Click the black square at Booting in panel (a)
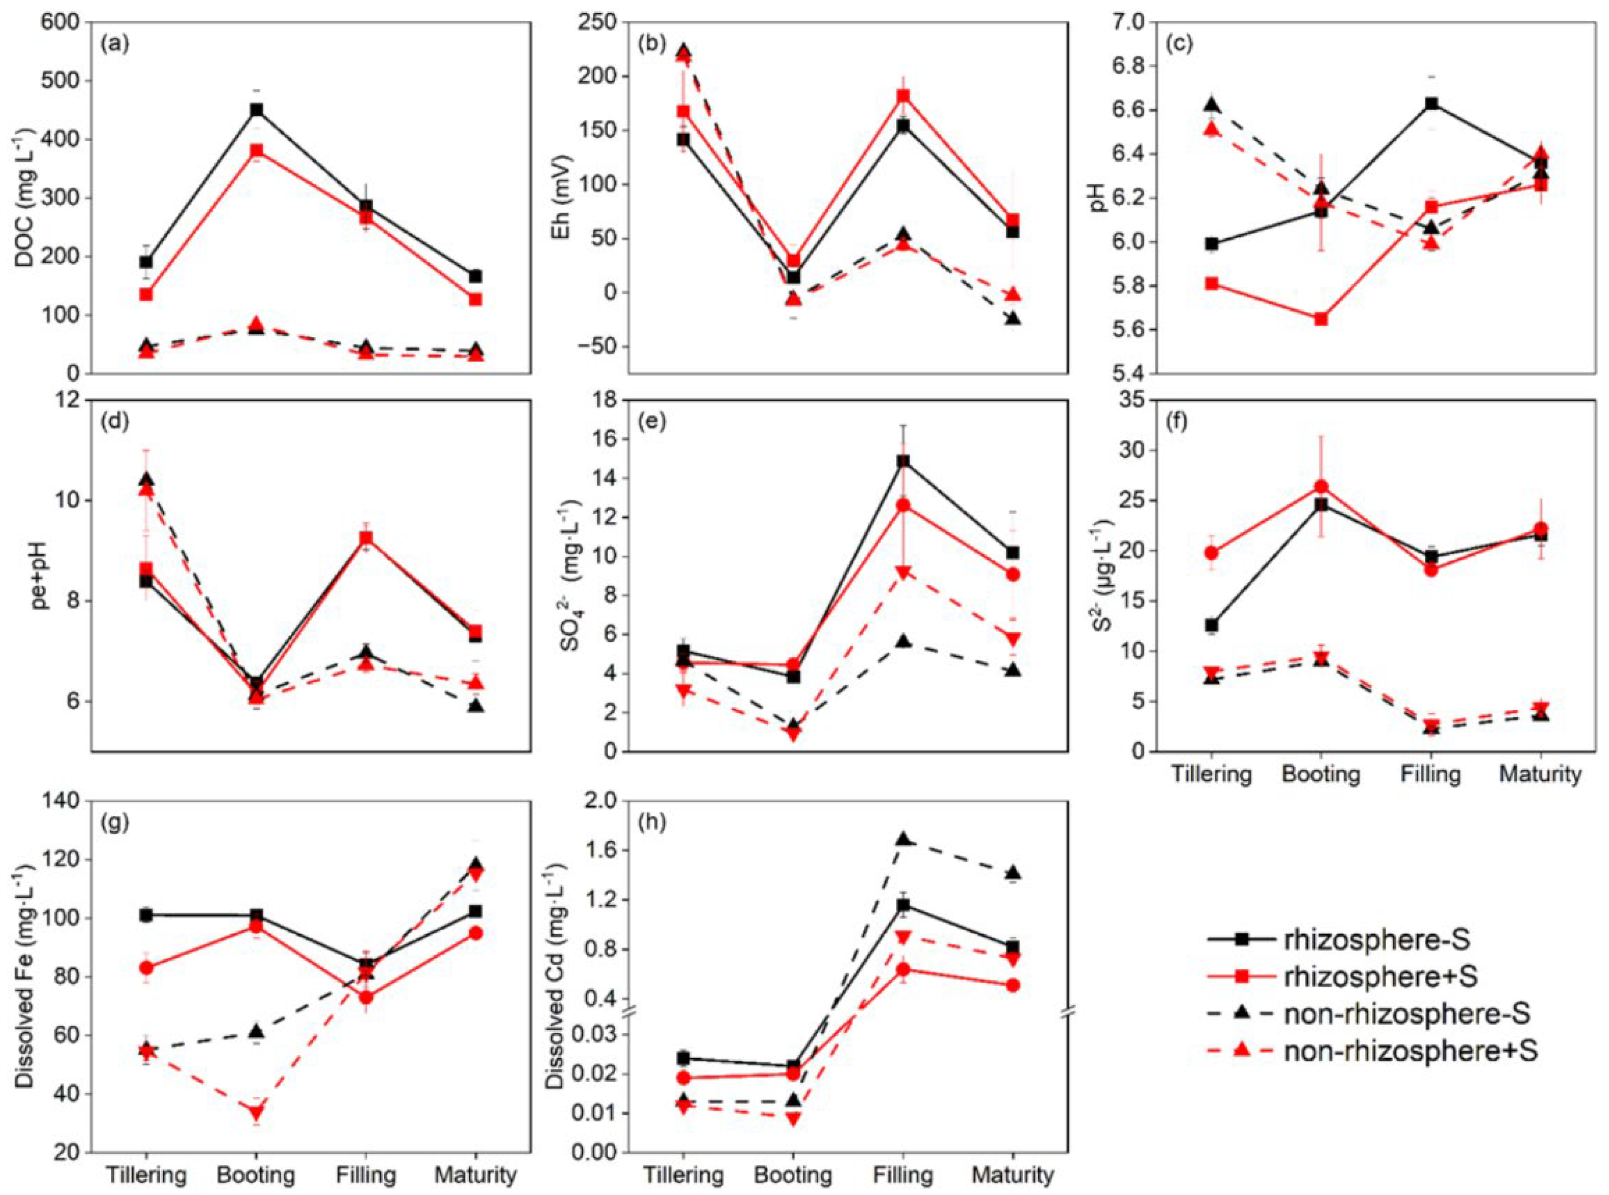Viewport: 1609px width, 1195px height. [x=256, y=110]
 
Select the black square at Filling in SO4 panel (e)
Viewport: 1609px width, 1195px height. [x=903, y=461]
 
